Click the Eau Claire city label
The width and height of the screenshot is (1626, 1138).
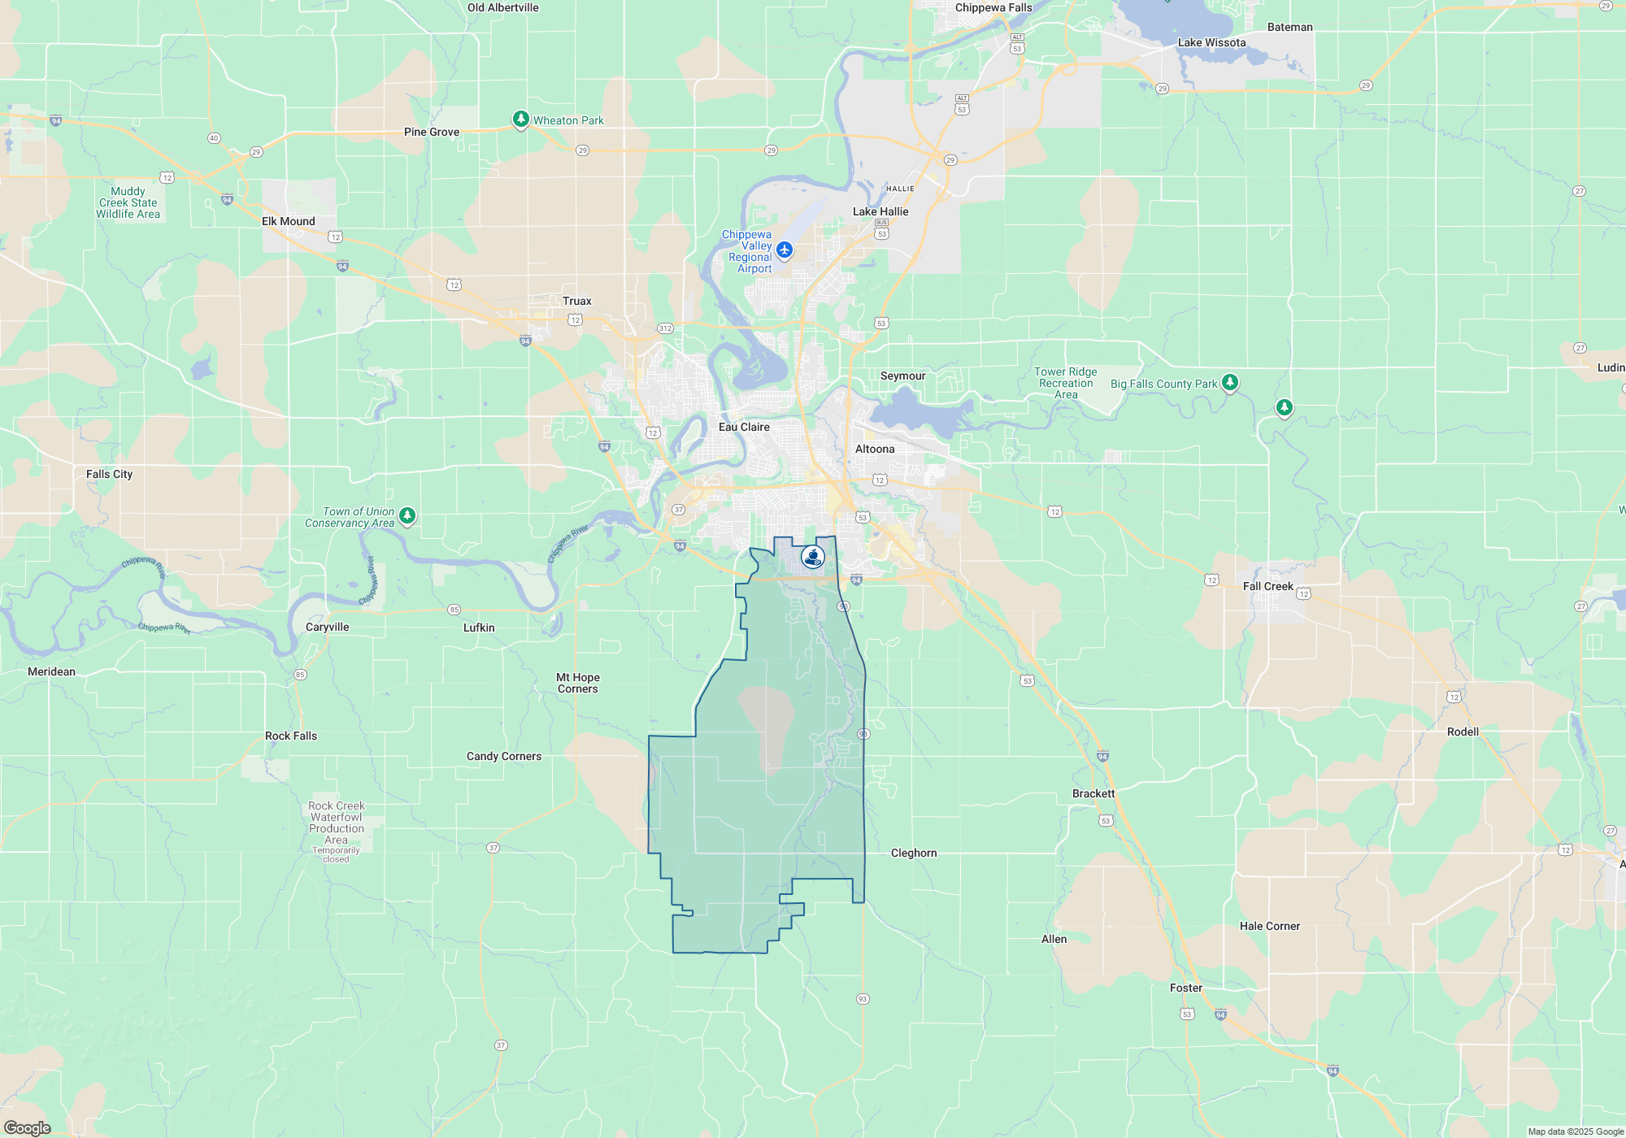(x=744, y=427)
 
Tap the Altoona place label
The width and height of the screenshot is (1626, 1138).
(x=875, y=449)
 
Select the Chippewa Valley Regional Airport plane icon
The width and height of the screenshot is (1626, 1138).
(x=785, y=250)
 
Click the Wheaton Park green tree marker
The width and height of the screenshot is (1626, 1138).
(x=521, y=119)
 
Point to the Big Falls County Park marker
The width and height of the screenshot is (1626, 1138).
(x=1230, y=382)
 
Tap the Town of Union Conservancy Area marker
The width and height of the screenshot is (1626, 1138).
(x=407, y=515)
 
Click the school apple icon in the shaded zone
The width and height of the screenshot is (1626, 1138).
(x=813, y=557)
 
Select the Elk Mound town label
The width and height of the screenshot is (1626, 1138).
(x=289, y=221)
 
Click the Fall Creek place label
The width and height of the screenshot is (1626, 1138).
(x=1267, y=586)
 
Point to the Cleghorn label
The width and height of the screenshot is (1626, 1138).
(x=914, y=853)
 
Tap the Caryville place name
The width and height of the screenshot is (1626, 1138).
(x=328, y=627)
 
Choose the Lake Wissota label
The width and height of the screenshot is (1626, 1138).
(x=1211, y=42)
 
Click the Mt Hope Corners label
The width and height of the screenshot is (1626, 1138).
(x=578, y=683)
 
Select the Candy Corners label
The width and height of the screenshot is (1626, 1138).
(x=504, y=756)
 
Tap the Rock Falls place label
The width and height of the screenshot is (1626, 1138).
(x=291, y=736)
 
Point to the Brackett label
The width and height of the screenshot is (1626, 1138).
(x=1093, y=793)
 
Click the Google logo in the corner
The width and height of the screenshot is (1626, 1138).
(x=27, y=1127)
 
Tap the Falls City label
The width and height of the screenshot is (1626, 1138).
(x=109, y=474)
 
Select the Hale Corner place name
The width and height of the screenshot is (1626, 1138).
(x=1270, y=926)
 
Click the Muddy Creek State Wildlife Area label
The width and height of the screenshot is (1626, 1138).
(x=128, y=202)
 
